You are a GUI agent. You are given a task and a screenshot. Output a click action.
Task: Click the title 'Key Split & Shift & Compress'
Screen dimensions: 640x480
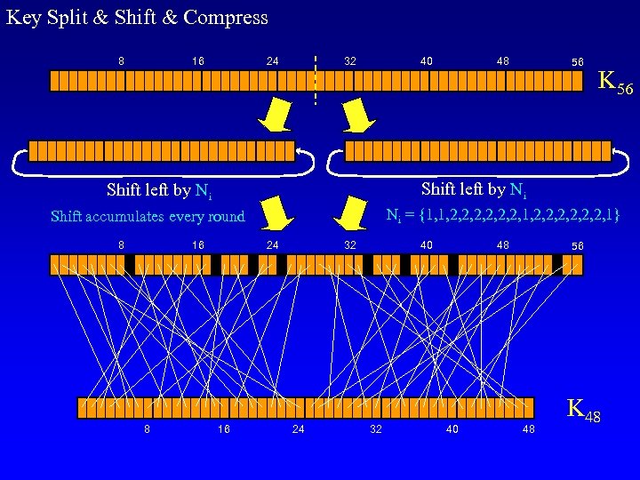(136, 17)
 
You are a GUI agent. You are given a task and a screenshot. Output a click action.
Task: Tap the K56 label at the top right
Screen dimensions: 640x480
(615, 83)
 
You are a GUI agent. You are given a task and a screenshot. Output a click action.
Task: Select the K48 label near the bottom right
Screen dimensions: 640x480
(583, 412)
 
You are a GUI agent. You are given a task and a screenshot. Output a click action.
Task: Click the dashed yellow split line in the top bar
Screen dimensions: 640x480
(316, 80)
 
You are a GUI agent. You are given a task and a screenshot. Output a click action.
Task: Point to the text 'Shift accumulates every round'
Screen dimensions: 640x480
(148, 216)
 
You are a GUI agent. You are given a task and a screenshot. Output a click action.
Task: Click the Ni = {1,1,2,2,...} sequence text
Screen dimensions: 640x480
(502, 214)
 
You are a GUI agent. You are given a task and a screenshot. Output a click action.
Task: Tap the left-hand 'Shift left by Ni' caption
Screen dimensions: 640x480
(158, 190)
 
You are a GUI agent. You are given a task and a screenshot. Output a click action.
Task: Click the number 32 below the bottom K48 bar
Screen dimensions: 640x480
(376, 429)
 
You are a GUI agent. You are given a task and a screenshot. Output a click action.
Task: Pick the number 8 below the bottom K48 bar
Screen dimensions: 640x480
(147, 429)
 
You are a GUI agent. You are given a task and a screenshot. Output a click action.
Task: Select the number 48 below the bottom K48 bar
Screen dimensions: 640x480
(529, 429)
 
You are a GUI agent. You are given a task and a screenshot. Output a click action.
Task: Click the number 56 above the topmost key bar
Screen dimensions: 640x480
(578, 62)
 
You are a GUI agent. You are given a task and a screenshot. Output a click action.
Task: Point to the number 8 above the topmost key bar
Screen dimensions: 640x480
(121, 61)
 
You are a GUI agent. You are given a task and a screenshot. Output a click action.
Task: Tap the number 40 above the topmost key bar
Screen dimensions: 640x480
(427, 61)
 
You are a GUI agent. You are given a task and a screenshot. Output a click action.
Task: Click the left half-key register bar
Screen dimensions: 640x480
(162, 150)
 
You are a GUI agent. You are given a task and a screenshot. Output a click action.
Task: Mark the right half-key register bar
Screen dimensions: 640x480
(477, 150)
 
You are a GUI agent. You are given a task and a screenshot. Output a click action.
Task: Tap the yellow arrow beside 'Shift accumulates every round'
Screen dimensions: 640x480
(279, 212)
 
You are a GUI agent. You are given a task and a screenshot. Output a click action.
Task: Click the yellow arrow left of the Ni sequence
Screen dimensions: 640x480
(349, 212)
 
